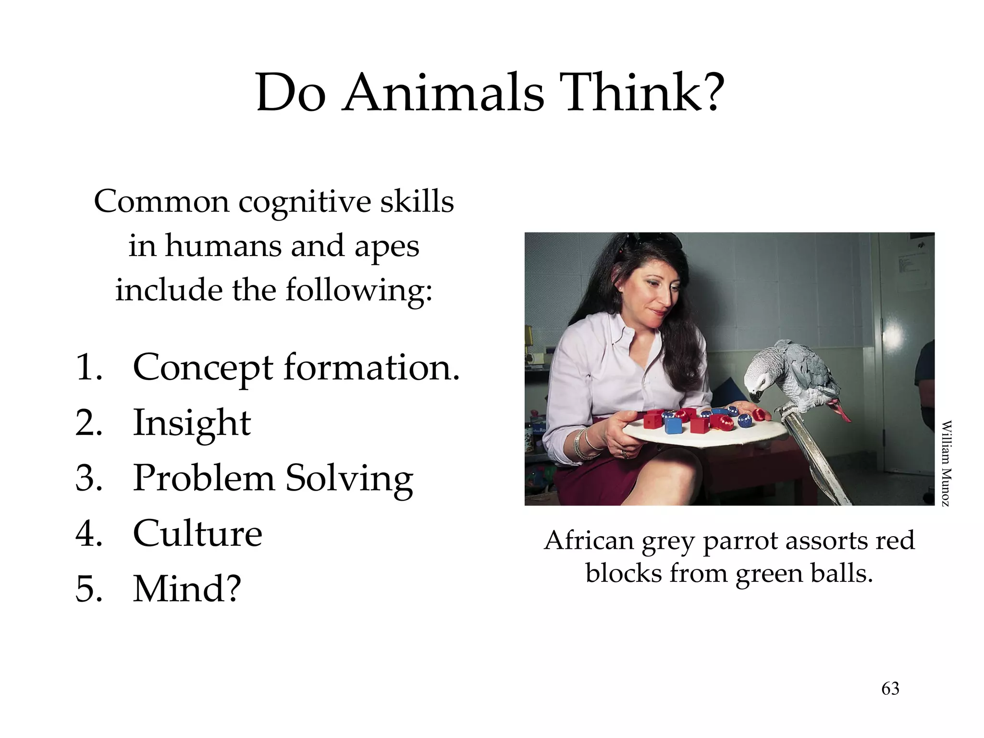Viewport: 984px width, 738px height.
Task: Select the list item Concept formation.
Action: tap(296, 368)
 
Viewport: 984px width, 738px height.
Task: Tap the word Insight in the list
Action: tap(192, 423)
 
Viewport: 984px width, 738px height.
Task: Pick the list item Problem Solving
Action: tap(273, 479)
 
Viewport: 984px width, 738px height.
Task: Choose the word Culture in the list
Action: tap(197, 533)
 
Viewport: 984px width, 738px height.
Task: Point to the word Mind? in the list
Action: tap(187, 589)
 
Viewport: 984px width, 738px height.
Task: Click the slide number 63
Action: tap(890, 689)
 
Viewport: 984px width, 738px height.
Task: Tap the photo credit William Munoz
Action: tap(946, 463)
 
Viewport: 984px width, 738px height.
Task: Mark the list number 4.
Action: tap(88, 533)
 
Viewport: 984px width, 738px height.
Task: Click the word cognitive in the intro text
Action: tap(305, 202)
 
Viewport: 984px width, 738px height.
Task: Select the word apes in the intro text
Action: tap(387, 246)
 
